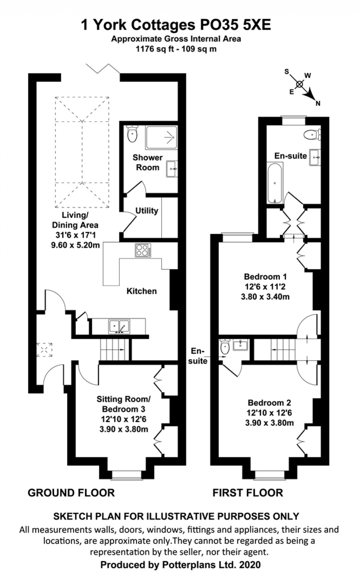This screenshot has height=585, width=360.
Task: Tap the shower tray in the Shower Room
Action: (162, 138)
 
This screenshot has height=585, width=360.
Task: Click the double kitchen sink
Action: (119, 326)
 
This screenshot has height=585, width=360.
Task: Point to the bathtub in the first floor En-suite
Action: (275, 183)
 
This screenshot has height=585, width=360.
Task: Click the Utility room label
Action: (147, 211)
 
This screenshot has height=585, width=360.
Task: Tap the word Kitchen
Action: (142, 291)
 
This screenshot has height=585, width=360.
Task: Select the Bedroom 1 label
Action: (265, 276)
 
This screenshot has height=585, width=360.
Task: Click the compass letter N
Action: (318, 104)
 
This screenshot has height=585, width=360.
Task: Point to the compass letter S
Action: (287, 71)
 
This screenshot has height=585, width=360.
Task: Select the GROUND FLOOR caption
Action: (71, 493)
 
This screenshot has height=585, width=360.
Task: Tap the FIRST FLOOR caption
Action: (248, 493)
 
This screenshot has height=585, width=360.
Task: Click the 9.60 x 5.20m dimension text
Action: (76, 245)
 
